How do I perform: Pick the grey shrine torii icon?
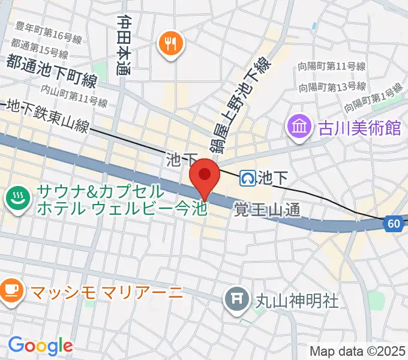(x=237, y=297)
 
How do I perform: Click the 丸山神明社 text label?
(x=289, y=298)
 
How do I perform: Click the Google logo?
(x=40, y=346)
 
